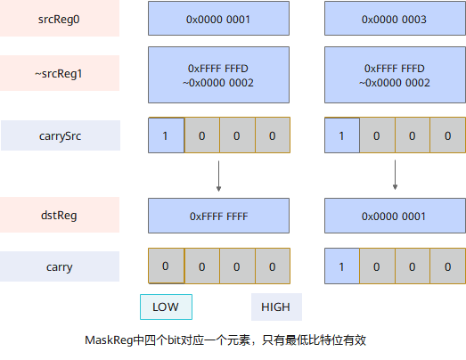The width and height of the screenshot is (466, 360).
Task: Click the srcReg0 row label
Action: coord(60,19)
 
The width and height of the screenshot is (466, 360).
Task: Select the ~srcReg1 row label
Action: coord(60,73)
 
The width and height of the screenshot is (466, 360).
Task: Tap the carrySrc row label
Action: coord(61,135)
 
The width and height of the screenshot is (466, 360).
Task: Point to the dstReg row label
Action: coord(60,215)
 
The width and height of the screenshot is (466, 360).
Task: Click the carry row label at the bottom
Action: coord(60,266)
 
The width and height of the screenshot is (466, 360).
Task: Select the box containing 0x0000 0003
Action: coord(395,19)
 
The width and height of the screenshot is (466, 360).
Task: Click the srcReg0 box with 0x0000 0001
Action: coord(218,19)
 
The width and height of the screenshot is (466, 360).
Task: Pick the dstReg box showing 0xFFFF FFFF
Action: coord(218,216)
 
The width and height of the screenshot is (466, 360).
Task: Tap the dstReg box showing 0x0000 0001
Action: coord(395,216)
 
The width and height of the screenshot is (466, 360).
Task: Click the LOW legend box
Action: coord(166,307)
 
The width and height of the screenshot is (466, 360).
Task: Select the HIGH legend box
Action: coord(277,307)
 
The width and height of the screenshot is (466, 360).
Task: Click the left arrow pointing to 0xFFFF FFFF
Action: coord(218,176)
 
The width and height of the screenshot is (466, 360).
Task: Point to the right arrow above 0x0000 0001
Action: coord(395,175)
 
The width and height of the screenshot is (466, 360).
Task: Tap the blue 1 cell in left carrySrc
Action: coord(166,135)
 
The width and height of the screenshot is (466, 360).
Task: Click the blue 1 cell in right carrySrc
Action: coord(342,135)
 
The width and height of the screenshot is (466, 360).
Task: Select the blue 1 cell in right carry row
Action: coord(342,266)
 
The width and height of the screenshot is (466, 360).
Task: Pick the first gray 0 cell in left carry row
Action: coord(166,266)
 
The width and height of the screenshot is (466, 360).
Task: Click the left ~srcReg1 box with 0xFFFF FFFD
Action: coord(218,75)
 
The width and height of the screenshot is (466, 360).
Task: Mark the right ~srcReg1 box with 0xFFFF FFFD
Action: coord(395,75)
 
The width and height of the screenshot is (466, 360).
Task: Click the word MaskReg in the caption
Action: coord(109,340)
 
